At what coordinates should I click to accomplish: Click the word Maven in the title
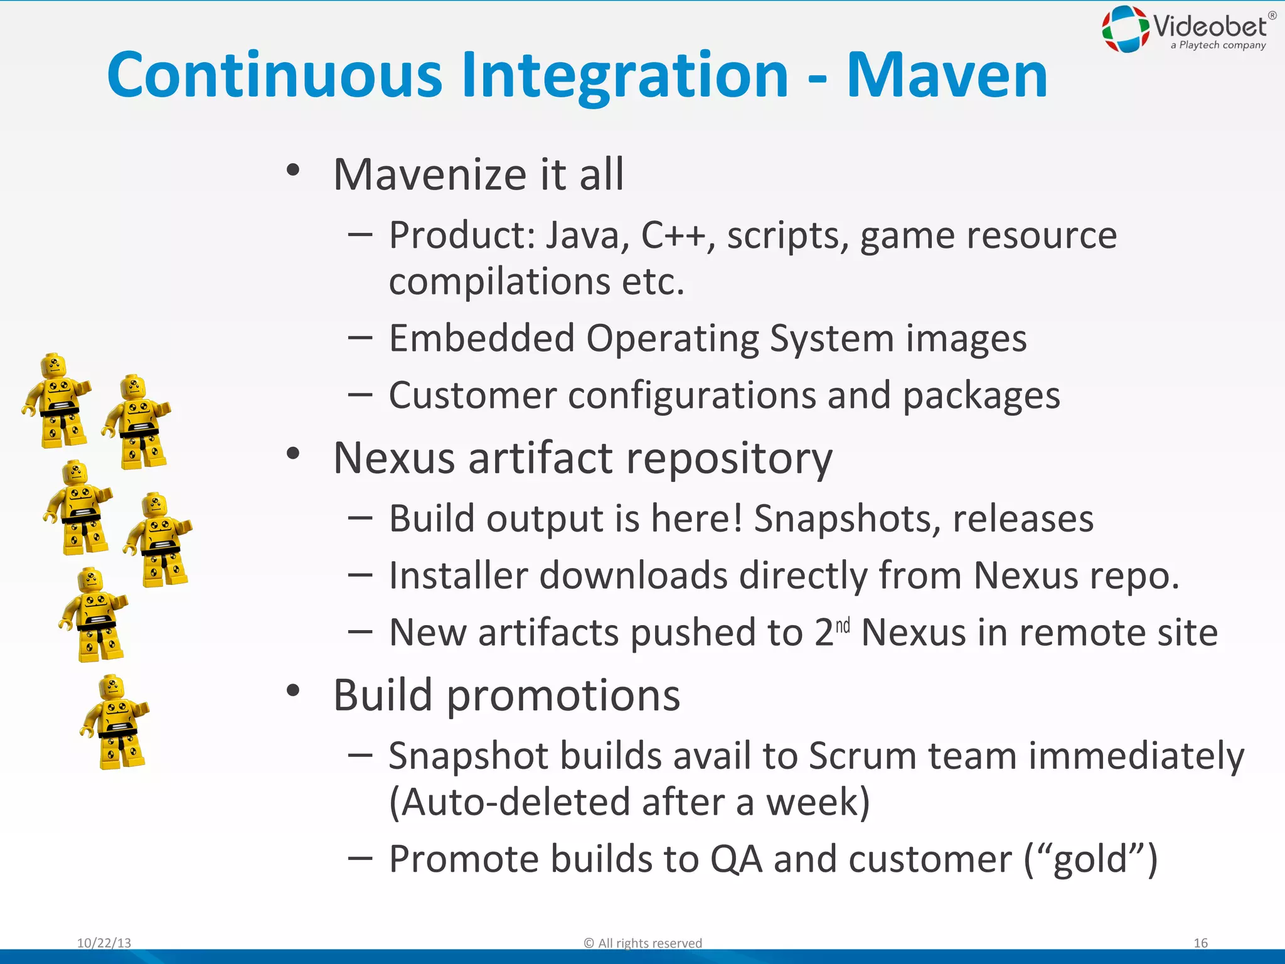(x=947, y=75)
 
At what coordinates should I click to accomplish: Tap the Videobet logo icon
(x=1126, y=29)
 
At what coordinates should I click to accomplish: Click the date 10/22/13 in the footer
(x=104, y=943)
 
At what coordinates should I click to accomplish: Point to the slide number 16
(x=1200, y=943)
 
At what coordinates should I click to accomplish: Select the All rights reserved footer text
(x=643, y=943)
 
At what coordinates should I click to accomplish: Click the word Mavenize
(x=429, y=174)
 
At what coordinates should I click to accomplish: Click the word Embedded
(x=481, y=339)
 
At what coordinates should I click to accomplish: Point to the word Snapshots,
(x=846, y=520)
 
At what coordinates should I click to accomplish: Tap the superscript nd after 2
(x=843, y=625)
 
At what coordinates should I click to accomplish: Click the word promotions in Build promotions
(x=563, y=696)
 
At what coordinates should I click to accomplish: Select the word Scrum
(x=863, y=756)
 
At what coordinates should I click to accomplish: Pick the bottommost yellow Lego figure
(x=115, y=722)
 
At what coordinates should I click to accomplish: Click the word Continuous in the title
(x=274, y=75)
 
